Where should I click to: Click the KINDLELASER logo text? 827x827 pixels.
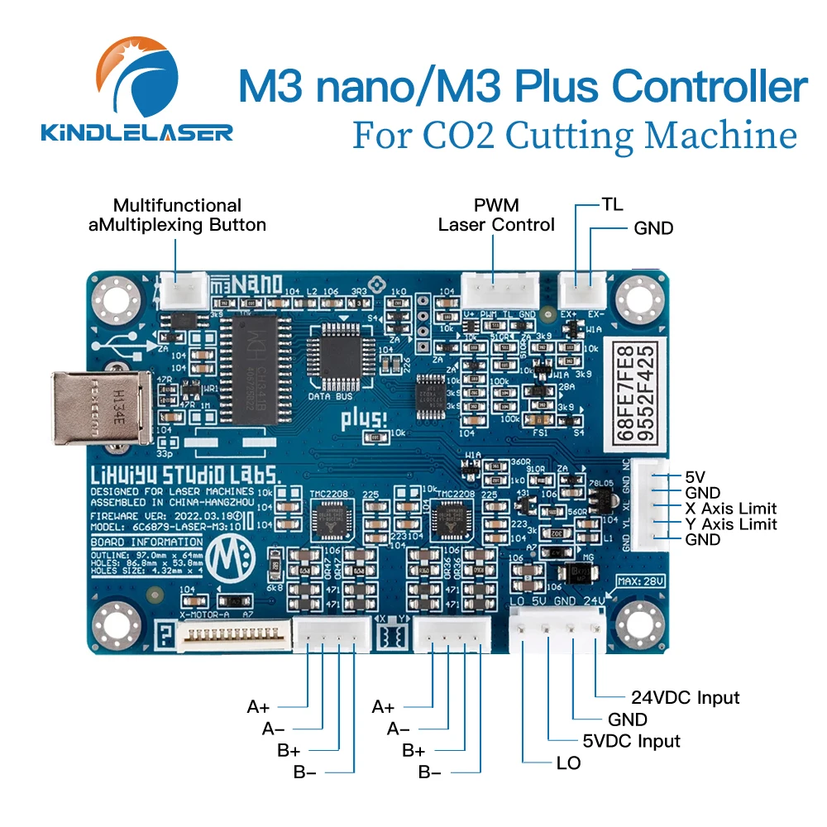(x=137, y=131)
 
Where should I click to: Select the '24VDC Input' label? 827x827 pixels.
(x=686, y=698)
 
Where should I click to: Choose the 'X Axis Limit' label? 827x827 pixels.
(x=731, y=509)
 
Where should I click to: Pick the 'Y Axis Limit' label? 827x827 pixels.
(x=731, y=524)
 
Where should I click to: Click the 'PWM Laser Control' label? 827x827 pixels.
(x=495, y=215)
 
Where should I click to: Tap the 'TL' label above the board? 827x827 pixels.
(x=613, y=203)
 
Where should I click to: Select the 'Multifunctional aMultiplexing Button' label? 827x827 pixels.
(x=177, y=215)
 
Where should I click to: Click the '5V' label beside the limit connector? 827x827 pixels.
(x=695, y=477)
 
